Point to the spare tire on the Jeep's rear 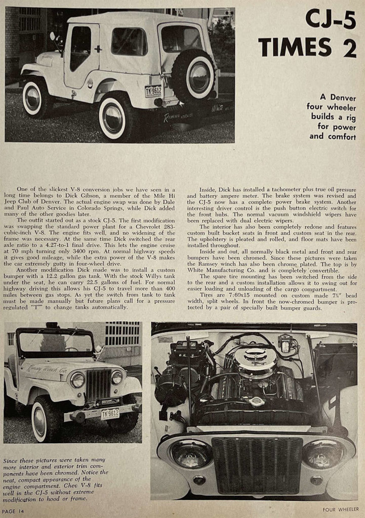(x=193, y=76)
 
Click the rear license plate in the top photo (x=153, y=91)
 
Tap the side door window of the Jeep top (x=82, y=48)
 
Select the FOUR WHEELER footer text (x=341, y=509)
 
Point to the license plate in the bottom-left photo (x=110, y=413)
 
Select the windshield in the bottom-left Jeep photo (x=56, y=342)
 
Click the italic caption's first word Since (x=11, y=461)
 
